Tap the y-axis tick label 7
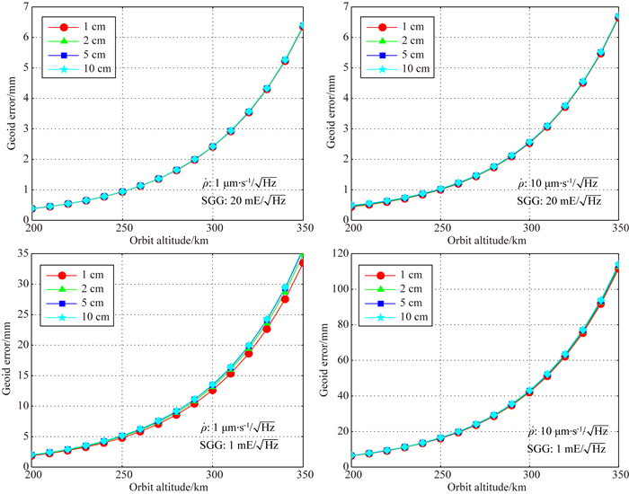point(26,7)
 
